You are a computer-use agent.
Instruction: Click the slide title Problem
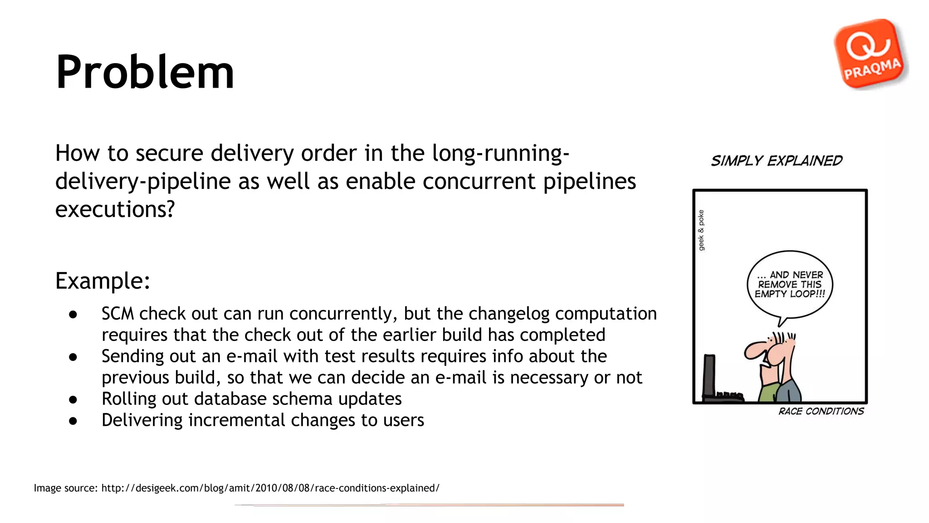point(145,72)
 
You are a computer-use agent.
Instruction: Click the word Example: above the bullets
point(103,281)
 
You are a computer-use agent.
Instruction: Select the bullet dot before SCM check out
point(73,314)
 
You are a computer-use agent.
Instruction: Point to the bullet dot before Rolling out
point(73,400)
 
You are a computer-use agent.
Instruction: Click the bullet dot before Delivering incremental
point(73,421)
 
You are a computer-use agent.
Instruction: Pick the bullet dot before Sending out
point(73,357)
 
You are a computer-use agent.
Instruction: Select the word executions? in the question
point(115,209)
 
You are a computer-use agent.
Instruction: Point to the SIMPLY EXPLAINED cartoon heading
point(777,161)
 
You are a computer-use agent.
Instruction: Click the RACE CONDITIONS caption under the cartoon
point(821,411)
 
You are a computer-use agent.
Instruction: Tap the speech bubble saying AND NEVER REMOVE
point(790,285)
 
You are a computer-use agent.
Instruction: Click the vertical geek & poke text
point(701,230)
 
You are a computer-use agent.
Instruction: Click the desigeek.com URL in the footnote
point(270,488)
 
